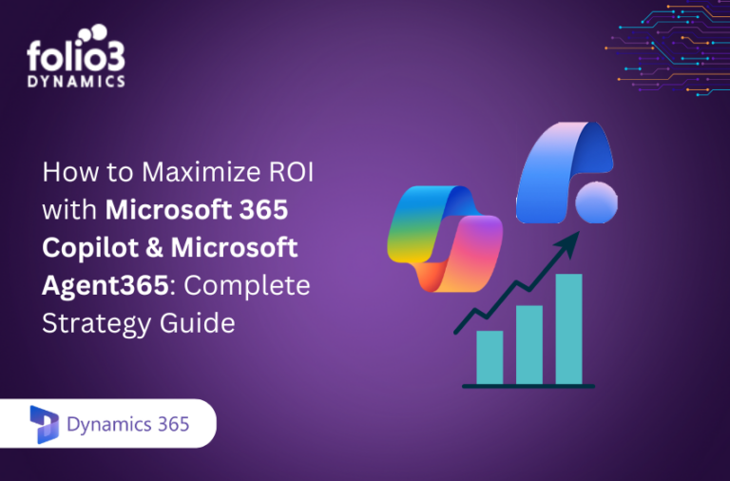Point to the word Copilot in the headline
pyautogui.click(x=85, y=248)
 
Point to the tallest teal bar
pyautogui.click(x=568, y=328)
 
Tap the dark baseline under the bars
pyautogui.click(x=528, y=386)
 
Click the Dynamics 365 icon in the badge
pyautogui.click(x=45, y=425)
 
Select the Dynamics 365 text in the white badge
pyautogui.click(x=127, y=425)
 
